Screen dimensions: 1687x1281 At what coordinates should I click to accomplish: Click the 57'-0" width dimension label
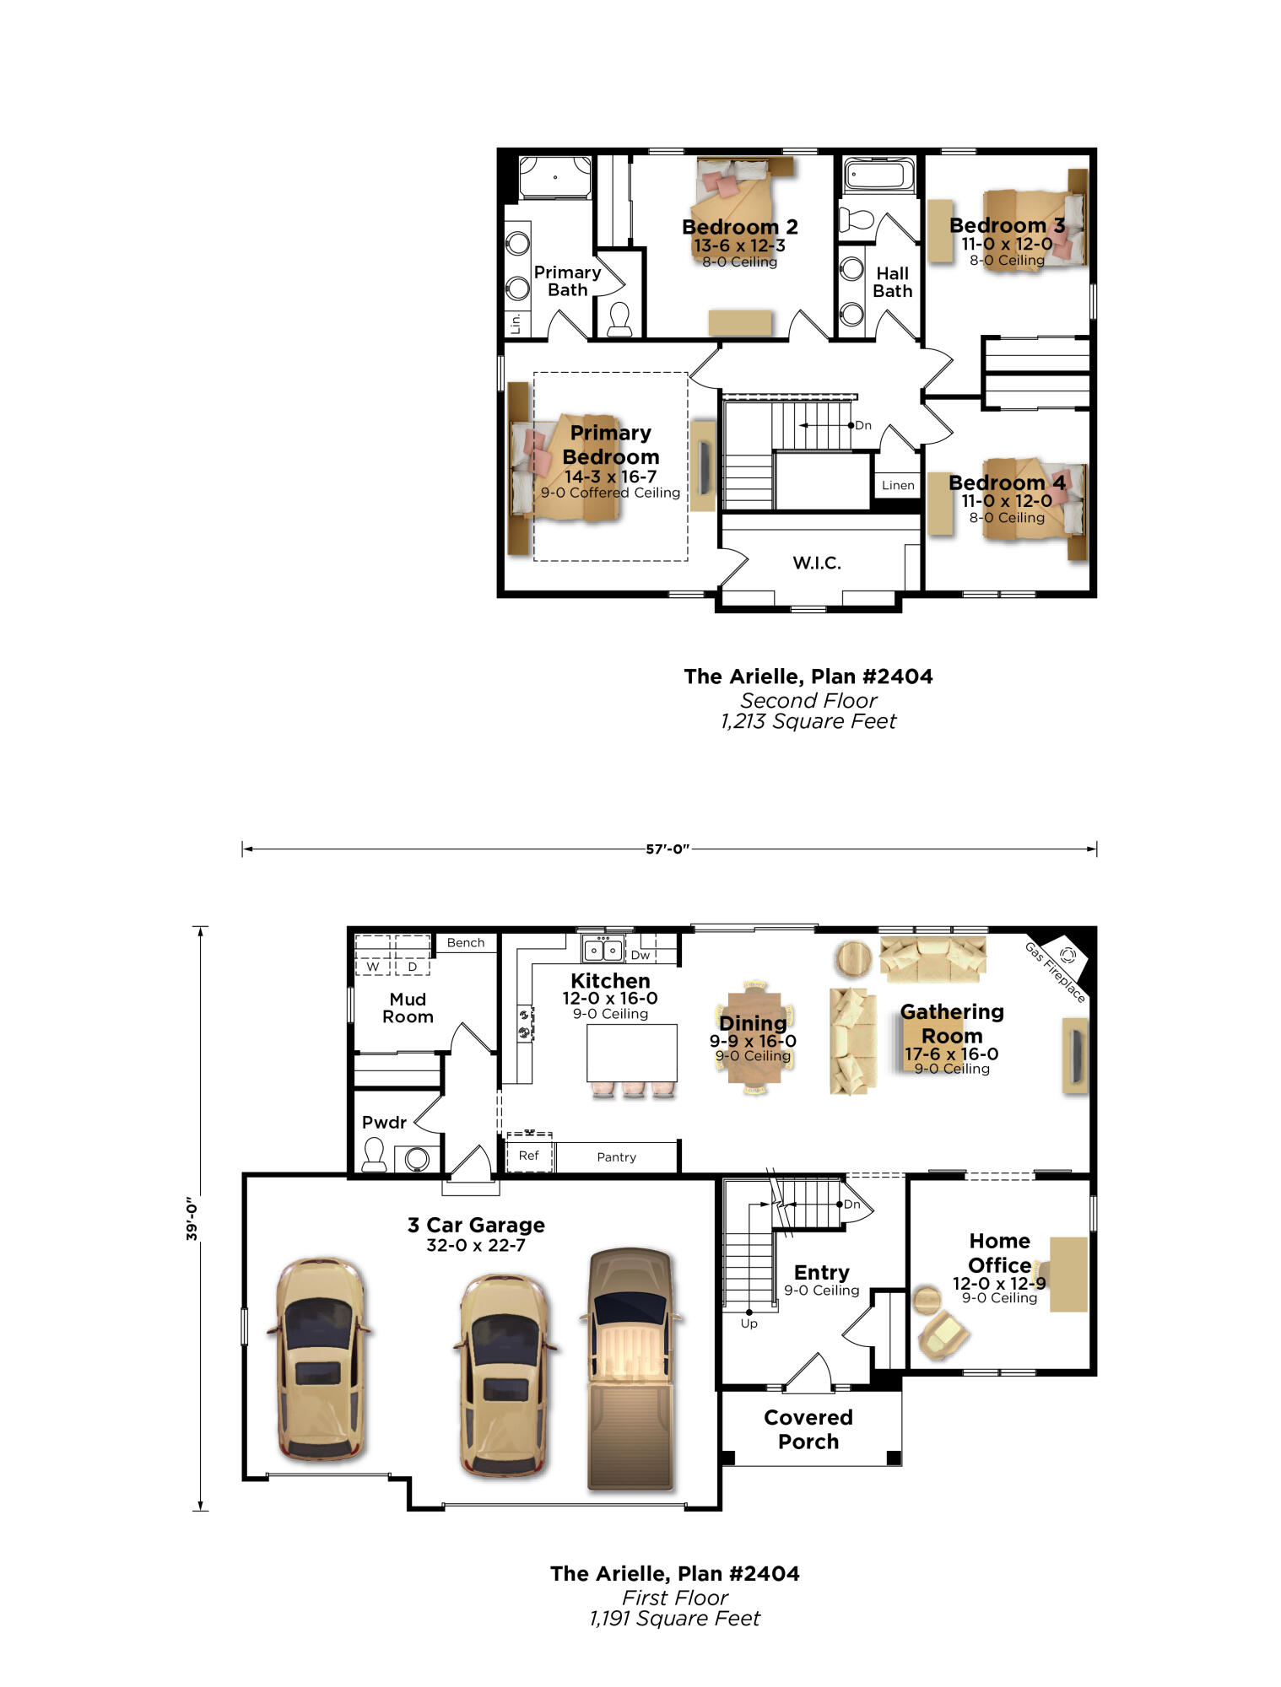point(668,849)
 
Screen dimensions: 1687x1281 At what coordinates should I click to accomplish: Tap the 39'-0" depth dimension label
point(192,1218)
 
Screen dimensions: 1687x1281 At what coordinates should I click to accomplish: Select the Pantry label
point(616,1157)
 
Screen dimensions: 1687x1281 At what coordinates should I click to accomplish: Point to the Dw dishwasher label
point(640,955)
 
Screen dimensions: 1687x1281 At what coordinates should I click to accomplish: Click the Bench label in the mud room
point(466,942)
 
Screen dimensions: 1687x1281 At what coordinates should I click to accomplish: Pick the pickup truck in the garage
point(631,1368)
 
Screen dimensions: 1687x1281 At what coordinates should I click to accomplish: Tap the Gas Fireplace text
point(1055,972)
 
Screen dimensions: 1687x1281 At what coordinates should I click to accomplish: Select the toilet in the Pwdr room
point(374,1154)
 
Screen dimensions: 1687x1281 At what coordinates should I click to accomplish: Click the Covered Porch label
point(808,1429)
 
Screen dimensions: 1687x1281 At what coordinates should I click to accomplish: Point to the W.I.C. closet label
point(816,563)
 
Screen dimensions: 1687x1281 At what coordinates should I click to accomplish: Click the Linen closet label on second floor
point(898,485)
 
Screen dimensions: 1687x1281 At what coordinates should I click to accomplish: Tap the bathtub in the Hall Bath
point(879,175)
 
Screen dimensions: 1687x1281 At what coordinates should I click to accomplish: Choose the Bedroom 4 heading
point(1007,482)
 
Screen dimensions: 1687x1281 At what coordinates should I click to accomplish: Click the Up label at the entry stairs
point(749,1323)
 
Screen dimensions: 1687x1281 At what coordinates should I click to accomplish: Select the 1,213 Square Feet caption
point(808,721)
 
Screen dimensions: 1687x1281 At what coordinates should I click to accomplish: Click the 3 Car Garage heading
point(476,1225)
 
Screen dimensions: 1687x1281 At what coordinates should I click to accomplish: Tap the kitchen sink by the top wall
point(603,950)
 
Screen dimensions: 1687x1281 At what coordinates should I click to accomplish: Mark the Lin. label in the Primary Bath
point(515,323)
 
